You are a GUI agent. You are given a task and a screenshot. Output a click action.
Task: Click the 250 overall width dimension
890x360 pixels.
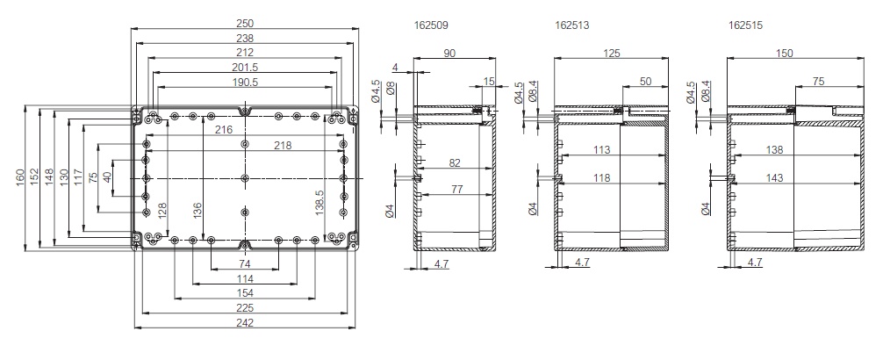[x=245, y=21]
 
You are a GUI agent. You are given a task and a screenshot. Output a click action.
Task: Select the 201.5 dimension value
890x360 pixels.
[x=245, y=68]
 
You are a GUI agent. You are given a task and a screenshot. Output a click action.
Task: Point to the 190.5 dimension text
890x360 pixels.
[x=245, y=83]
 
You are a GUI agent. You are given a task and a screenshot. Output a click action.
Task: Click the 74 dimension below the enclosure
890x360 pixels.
[x=245, y=264]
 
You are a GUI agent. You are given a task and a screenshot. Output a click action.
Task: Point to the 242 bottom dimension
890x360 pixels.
[x=245, y=323]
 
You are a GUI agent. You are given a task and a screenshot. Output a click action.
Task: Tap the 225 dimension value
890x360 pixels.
[x=245, y=307]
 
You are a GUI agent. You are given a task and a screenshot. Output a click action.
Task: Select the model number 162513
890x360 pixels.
[x=573, y=26]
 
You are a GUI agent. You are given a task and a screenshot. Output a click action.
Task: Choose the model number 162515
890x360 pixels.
[x=745, y=26]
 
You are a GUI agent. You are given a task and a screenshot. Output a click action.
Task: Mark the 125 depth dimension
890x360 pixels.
[x=612, y=54]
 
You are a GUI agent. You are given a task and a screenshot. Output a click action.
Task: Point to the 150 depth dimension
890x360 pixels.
[x=785, y=54]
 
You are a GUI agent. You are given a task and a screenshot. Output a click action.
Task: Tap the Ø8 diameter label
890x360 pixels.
[x=391, y=90]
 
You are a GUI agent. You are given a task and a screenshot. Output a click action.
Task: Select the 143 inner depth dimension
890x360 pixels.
[x=775, y=178]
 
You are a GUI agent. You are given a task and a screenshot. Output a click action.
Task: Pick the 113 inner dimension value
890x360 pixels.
[x=601, y=149]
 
